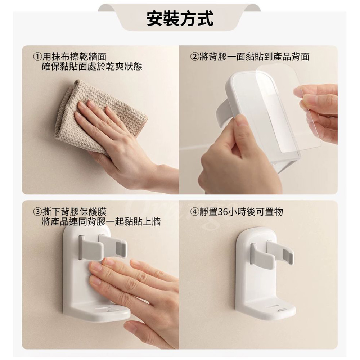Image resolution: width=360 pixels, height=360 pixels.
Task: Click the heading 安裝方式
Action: click(x=180, y=19)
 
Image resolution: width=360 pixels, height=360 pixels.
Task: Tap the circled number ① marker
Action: click(x=38, y=57)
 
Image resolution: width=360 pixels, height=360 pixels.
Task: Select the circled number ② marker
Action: click(x=194, y=57)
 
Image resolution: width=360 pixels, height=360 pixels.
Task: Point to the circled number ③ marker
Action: click(x=38, y=212)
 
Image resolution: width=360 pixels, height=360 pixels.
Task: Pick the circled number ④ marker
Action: click(x=194, y=212)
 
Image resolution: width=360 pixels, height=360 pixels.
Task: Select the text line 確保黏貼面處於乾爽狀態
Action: click(x=92, y=67)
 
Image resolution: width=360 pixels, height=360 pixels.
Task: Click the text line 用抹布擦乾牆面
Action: click(x=75, y=57)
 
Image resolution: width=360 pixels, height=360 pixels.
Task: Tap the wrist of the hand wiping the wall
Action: click(x=156, y=175)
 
